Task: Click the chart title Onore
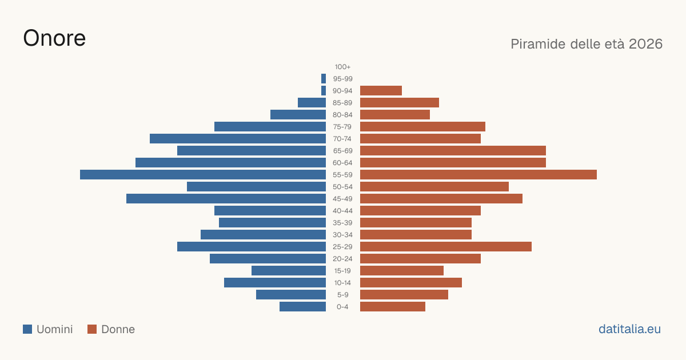click(x=54, y=38)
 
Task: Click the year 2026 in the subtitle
click(x=645, y=44)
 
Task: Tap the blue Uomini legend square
click(x=27, y=329)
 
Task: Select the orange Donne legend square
click(x=92, y=329)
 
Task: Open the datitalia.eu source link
click(x=629, y=329)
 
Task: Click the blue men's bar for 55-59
click(x=203, y=174)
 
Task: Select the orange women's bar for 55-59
click(x=478, y=174)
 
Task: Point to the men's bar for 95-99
click(x=324, y=79)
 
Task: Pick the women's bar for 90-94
click(x=381, y=91)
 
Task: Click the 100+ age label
click(x=342, y=67)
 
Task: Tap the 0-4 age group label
click(x=342, y=307)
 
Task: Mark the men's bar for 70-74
click(x=238, y=139)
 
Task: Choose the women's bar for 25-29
click(x=446, y=247)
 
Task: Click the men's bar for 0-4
click(x=302, y=307)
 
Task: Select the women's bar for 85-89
click(x=400, y=102)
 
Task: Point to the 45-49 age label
click(x=342, y=199)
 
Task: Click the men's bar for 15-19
click(x=289, y=271)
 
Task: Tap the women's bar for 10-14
click(x=411, y=282)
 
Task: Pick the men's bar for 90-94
click(x=324, y=91)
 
